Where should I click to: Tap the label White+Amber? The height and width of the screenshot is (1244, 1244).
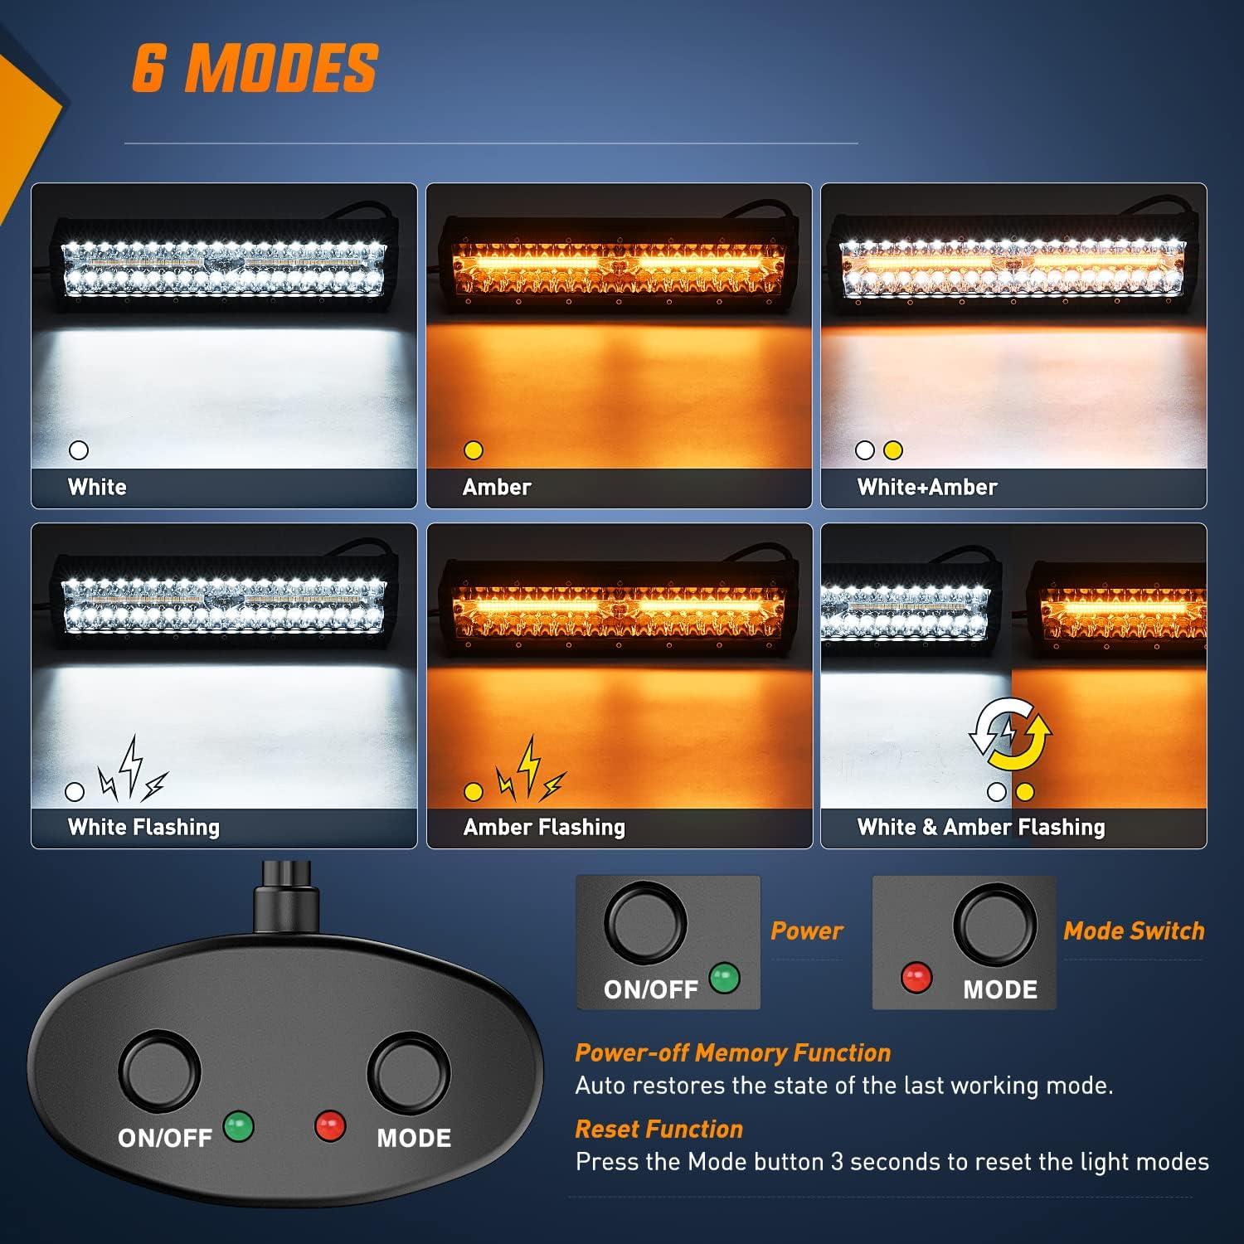pyautogui.click(x=927, y=487)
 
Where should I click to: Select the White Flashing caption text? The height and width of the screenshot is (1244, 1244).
pyautogui.click(x=143, y=827)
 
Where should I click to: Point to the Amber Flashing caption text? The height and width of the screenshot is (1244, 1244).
pyautogui.click(x=544, y=827)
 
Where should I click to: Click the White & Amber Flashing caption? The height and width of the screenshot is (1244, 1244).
pyautogui.click(x=981, y=827)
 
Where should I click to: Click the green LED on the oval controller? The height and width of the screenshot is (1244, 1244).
pyautogui.click(x=239, y=1126)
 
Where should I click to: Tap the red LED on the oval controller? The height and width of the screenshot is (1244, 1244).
pyautogui.click(x=329, y=1126)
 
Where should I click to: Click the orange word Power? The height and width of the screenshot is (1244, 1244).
pyautogui.click(x=806, y=931)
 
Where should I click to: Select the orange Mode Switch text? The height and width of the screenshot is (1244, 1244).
pyautogui.click(x=1134, y=931)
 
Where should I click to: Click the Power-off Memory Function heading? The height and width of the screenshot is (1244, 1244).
pyautogui.click(x=732, y=1052)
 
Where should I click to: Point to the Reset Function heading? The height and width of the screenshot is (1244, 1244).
pyautogui.click(x=658, y=1129)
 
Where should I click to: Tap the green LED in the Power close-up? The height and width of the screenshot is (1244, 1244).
pyautogui.click(x=725, y=977)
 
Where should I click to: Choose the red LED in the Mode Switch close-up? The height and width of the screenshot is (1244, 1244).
pyautogui.click(x=916, y=977)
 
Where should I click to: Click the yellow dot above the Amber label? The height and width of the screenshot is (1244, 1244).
pyautogui.click(x=474, y=450)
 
